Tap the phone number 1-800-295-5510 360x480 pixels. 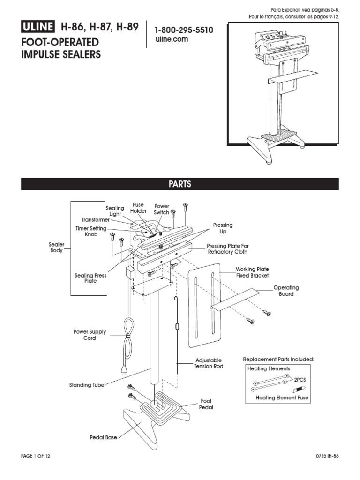184,30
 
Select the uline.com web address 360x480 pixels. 172,39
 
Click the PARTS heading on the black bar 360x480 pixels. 180,184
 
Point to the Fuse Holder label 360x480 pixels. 138,208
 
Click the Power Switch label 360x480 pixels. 162,209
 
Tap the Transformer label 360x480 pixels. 95,219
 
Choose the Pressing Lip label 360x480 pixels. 223,228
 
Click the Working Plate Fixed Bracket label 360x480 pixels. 252,272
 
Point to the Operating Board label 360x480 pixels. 286,291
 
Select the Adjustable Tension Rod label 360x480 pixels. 209,363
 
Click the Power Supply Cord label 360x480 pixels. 90,335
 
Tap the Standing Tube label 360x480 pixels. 87,385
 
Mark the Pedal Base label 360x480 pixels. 103,437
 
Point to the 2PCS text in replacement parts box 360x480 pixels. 300,381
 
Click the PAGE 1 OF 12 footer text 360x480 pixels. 36,456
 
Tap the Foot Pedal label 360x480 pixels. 207,404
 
